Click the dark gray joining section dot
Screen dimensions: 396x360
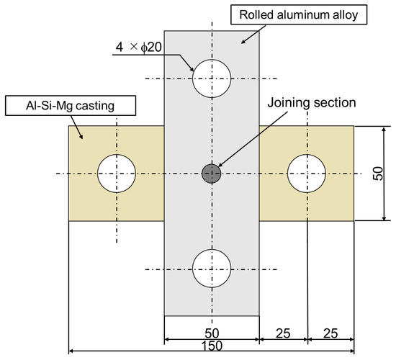(212, 174)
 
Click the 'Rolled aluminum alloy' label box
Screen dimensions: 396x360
(299, 14)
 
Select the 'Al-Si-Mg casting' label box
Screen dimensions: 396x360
(71, 106)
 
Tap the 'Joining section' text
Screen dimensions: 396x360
(312, 102)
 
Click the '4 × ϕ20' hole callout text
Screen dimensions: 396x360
(139, 47)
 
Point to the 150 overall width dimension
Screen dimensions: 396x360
(212, 346)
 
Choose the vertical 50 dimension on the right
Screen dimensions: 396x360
(378, 174)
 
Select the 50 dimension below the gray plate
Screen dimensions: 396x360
(212, 333)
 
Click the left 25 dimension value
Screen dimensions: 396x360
(283, 333)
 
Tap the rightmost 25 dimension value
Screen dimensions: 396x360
(330, 333)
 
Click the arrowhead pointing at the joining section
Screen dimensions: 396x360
(220, 164)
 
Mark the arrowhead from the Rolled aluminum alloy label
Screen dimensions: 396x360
(243, 42)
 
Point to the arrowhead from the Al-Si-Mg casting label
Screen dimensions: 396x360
(81, 136)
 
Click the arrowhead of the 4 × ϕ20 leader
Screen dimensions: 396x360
(192, 68)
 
